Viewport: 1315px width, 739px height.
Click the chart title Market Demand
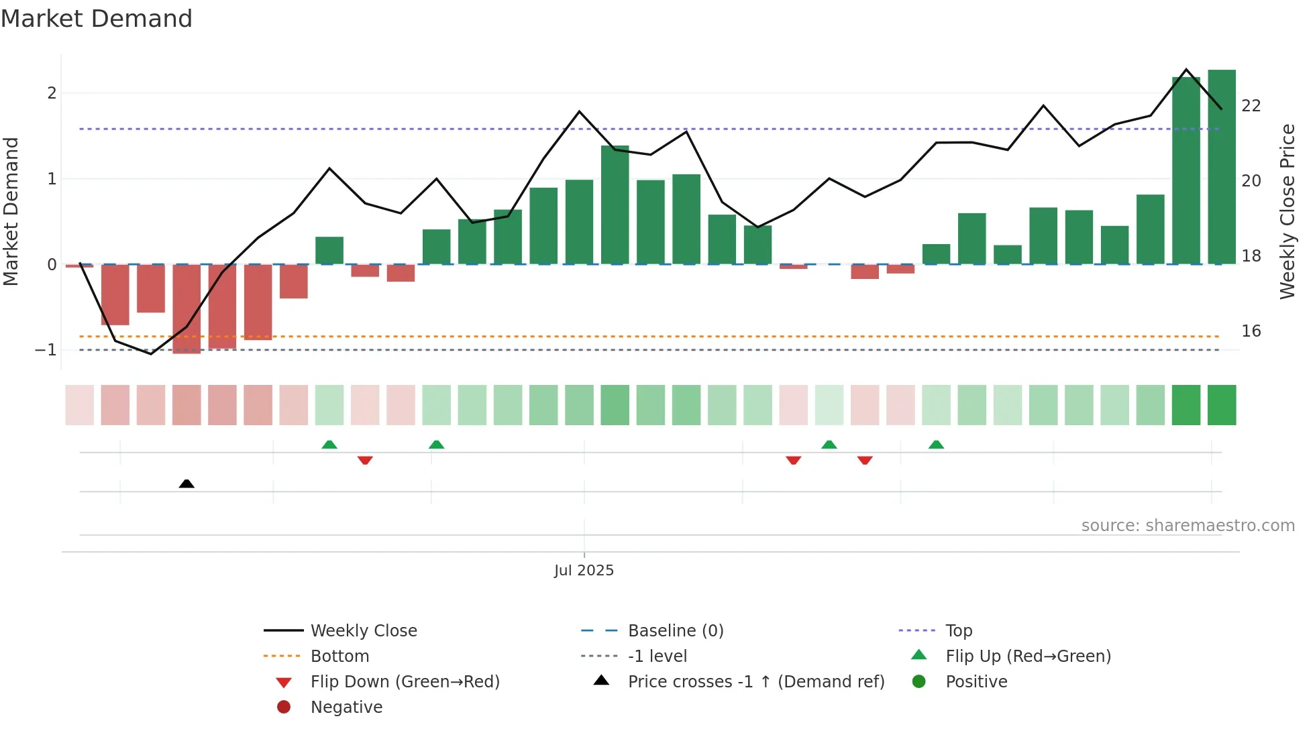pyautogui.click(x=97, y=19)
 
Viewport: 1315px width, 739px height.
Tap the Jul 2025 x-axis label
pyautogui.click(x=584, y=570)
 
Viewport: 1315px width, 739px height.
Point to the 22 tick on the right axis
pyautogui.click(x=1251, y=106)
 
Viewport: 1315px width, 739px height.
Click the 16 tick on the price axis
pyautogui.click(x=1251, y=331)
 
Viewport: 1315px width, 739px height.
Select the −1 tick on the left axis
pyautogui.click(x=46, y=350)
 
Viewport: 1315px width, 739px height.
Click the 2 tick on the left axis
pyautogui.click(x=52, y=93)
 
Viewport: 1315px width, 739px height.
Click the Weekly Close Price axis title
pyautogui.click(x=1287, y=211)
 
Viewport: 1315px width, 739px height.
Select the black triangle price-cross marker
pyautogui.click(x=187, y=484)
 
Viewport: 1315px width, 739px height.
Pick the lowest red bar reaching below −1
pyautogui.click(x=187, y=308)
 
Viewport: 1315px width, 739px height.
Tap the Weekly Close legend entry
pyautogui.click(x=363, y=631)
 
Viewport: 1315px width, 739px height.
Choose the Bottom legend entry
pyautogui.click(x=339, y=657)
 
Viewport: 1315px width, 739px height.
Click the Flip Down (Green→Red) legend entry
pyautogui.click(x=405, y=682)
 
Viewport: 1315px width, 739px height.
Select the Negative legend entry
pyautogui.click(x=346, y=707)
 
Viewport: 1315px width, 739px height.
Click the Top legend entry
pyautogui.click(x=959, y=631)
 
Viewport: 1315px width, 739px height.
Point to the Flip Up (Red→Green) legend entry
pyautogui.click(x=1028, y=657)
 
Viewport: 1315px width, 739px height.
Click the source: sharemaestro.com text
pyautogui.click(x=1188, y=526)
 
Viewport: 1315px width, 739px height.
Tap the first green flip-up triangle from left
pyautogui.click(x=329, y=445)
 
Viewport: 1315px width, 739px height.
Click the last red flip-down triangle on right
pyautogui.click(x=865, y=460)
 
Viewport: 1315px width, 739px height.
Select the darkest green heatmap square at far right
pyautogui.click(x=1222, y=405)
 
